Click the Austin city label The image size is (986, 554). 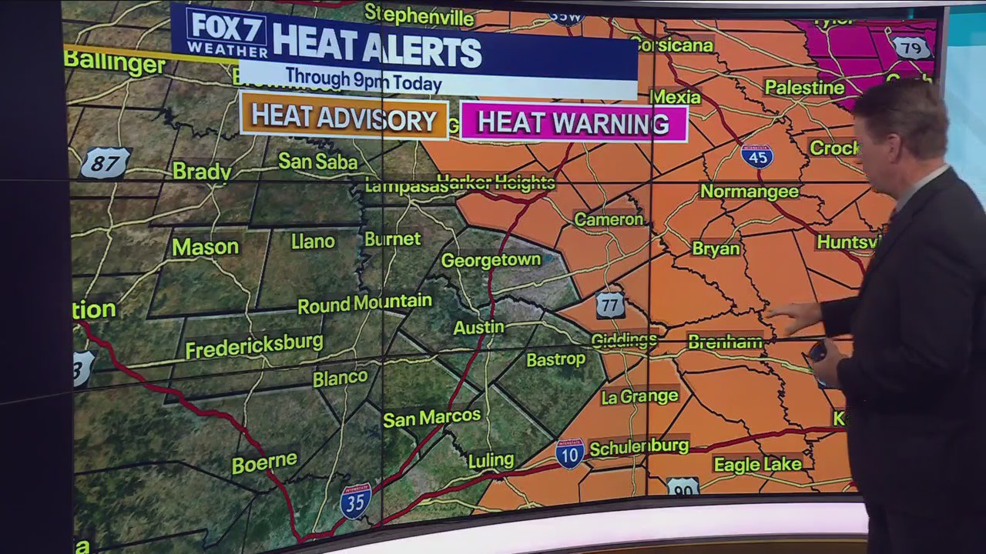click(x=478, y=327)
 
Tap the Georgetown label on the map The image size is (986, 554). click(x=491, y=260)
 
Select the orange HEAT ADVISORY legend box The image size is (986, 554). click(x=344, y=118)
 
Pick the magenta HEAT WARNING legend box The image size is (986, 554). click(x=573, y=123)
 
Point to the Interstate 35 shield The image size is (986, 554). click(x=356, y=500)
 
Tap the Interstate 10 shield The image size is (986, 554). click(x=570, y=453)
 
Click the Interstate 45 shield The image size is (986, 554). click(x=757, y=156)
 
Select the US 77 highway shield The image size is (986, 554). click(x=610, y=305)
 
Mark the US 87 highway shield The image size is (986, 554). click(x=105, y=163)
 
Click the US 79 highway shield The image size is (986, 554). click(x=911, y=47)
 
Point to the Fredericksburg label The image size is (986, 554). click(x=253, y=345)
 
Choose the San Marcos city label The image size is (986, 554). click(x=431, y=417)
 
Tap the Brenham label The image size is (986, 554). click(x=725, y=342)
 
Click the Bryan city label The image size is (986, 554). click(x=716, y=249)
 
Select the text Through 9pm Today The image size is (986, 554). click(x=364, y=79)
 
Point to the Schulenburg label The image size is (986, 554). click(x=639, y=446)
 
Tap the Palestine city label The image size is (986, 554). click(x=804, y=88)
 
